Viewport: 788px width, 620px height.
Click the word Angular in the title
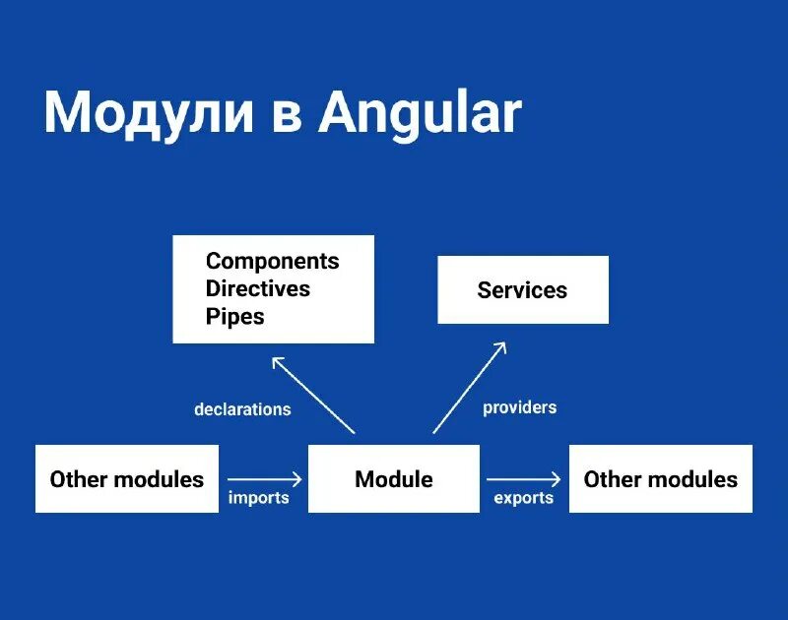coord(420,113)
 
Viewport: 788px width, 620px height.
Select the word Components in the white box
coord(272,261)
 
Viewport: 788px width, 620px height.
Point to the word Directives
coord(257,288)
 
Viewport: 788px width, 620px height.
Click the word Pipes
coord(234,317)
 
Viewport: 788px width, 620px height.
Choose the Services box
coord(522,289)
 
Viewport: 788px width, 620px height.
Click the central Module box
coord(394,479)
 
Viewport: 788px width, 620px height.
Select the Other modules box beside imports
coord(127,479)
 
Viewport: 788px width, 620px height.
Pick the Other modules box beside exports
coord(660,479)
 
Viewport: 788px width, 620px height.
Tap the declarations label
coord(242,409)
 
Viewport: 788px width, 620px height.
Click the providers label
coord(519,406)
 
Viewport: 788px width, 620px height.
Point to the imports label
coord(258,498)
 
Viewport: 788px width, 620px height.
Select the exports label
coord(523,498)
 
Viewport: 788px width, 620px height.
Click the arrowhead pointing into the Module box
coord(297,479)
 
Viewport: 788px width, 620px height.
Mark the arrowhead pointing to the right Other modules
coord(557,479)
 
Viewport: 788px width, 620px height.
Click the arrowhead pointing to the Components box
coord(278,361)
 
